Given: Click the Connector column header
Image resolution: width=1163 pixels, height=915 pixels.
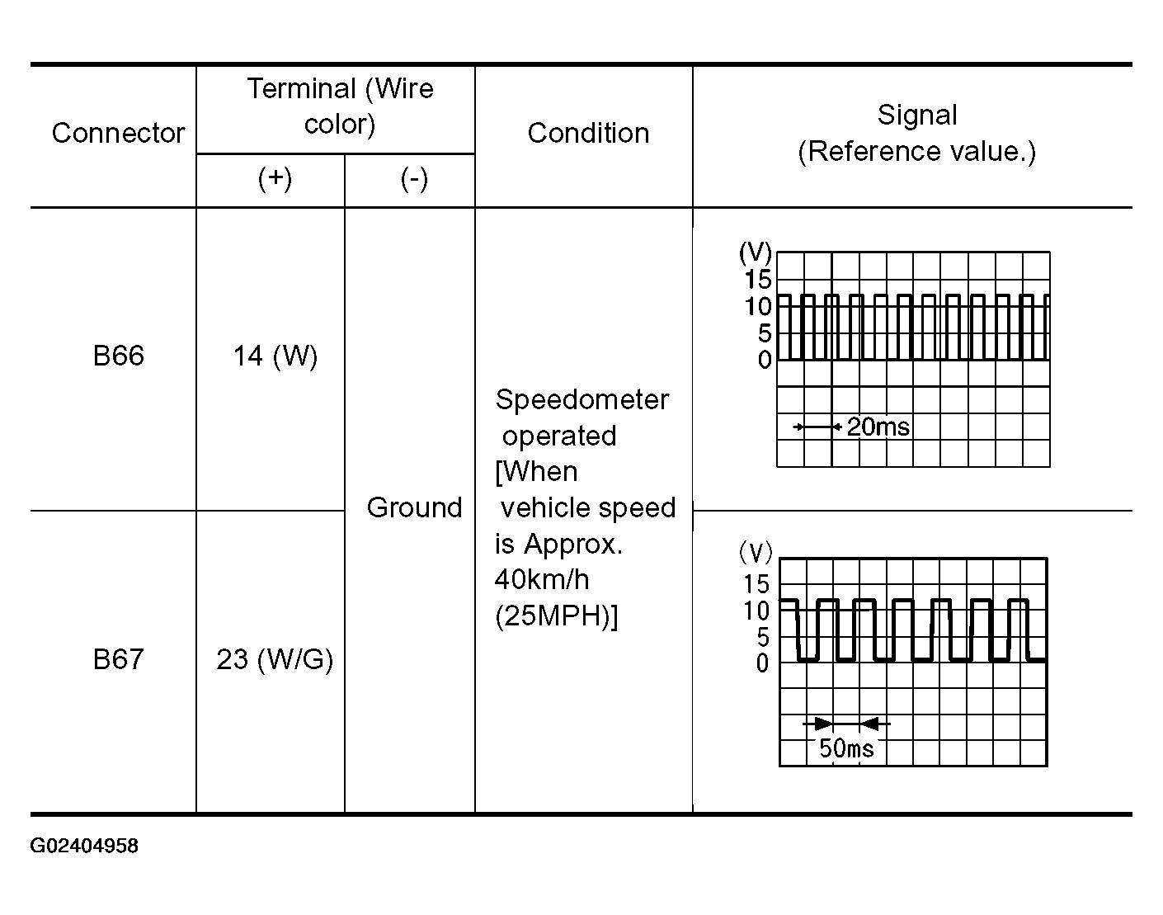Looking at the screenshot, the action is [118, 133].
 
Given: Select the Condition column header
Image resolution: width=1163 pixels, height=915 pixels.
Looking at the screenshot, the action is [588, 133].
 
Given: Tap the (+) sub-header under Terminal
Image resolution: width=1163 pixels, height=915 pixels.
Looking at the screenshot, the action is [275, 179].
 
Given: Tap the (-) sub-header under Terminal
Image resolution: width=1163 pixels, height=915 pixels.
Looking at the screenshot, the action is [415, 179].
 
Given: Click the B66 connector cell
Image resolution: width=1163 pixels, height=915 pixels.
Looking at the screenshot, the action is [118, 356].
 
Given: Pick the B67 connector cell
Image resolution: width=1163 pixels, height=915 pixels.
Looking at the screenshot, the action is [118, 659].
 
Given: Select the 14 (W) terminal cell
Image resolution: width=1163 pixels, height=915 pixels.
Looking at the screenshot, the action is [275, 356].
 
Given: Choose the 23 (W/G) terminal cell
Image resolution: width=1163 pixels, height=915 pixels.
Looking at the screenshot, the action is [275, 660].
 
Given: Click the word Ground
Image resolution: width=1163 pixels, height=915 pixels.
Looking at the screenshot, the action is [415, 507].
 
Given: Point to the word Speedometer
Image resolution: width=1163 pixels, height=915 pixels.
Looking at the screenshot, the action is [582, 401].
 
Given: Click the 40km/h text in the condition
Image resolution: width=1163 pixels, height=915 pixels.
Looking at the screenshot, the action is [542, 580].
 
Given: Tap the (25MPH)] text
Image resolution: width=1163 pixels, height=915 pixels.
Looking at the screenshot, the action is [556, 616].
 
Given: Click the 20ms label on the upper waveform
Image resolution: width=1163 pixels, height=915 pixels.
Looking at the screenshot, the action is [878, 427].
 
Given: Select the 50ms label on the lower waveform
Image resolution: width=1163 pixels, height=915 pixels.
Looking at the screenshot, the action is [846, 748].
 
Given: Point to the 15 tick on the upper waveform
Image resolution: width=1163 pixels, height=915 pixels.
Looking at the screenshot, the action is [758, 281].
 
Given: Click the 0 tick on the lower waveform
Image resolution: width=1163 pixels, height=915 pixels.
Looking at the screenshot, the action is [762, 663].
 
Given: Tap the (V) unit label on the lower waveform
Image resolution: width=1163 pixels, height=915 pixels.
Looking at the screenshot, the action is [756, 553].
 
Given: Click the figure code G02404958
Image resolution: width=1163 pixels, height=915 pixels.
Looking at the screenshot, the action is [84, 846].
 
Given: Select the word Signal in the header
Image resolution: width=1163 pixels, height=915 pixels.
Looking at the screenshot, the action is [917, 116].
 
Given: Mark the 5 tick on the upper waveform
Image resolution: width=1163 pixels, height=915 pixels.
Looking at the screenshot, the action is [765, 333].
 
